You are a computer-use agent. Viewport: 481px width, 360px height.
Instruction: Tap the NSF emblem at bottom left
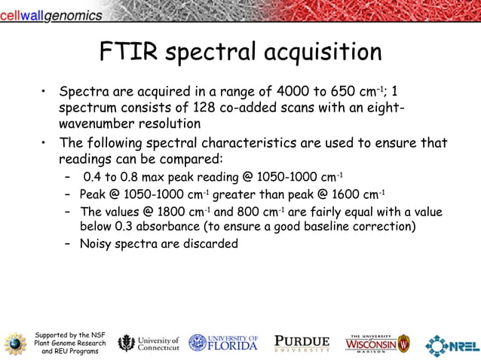(14, 343)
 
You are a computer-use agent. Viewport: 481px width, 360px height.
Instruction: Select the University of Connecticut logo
(149, 343)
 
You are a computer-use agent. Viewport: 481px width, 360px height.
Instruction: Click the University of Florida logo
(223, 343)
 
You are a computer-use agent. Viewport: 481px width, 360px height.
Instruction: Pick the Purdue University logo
(302, 343)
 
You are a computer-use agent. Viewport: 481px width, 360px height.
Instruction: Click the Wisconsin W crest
(403, 343)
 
